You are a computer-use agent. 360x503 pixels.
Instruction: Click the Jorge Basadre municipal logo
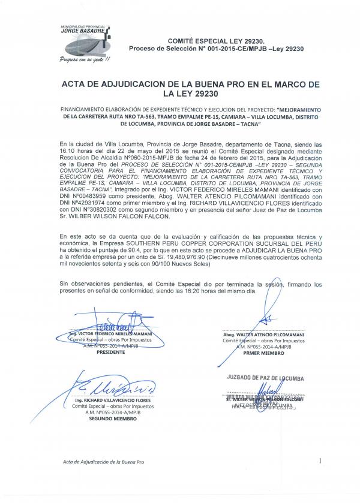[x=88, y=38]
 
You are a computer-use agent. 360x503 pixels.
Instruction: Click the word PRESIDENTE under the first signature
[x=110, y=353]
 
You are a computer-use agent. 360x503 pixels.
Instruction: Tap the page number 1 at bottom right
[x=321, y=461]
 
